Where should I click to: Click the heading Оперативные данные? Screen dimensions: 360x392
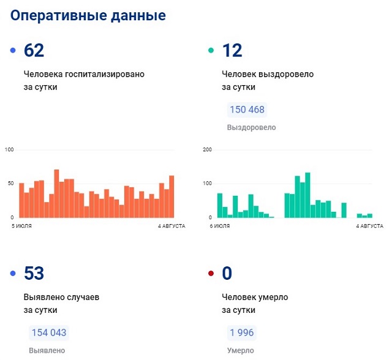[x=88, y=16]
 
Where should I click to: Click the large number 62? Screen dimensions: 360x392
[x=34, y=51]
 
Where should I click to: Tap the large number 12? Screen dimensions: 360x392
[x=232, y=51]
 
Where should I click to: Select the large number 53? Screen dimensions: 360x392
[x=34, y=274]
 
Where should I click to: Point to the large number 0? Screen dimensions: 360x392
[x=228, y=274]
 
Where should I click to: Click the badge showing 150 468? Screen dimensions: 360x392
[x=247, y=110]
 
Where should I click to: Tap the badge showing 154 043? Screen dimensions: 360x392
[x=49, y=333]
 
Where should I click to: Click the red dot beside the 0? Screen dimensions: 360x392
[x=211, y=274]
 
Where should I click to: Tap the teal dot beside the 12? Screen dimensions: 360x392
[x=211, y=51]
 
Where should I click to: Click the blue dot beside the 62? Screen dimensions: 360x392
[x=13, y=51]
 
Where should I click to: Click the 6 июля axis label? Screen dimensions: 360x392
[x=220, y=227]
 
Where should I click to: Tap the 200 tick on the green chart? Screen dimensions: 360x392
[x=207, y=150]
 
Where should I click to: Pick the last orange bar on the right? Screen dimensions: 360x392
[x=171, y=197]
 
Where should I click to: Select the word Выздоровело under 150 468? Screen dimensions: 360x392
[x=251, y=128]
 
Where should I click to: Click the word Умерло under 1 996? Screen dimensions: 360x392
[x=240, y=351]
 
